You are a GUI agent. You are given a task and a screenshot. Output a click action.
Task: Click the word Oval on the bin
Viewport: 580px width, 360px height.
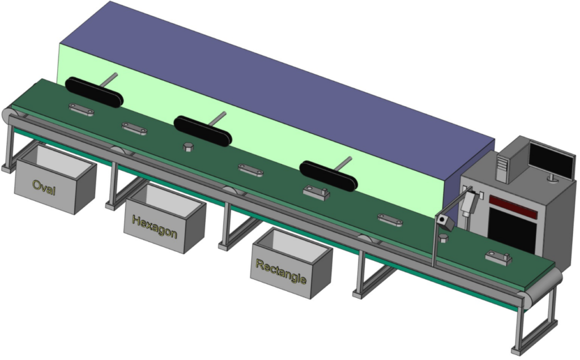click(x=44, y=187)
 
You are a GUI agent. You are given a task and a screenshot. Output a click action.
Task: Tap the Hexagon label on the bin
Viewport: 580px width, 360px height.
click(x=154, y=226)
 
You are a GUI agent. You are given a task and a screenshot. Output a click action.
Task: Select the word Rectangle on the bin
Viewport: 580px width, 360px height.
click(x=281, y=271)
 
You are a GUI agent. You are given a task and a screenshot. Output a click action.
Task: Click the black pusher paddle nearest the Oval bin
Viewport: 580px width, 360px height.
click(x=93, y=92)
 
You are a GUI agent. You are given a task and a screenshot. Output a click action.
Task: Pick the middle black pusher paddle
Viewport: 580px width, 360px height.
click(x=203, y=131)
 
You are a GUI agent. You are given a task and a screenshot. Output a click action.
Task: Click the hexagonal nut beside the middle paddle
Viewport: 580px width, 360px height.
click(x=188, y=147)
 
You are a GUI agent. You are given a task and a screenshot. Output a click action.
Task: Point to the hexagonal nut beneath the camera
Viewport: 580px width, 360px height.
click(x=443, y=238)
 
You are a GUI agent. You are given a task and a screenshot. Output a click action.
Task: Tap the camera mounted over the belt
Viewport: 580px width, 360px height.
click(x=444, y=222)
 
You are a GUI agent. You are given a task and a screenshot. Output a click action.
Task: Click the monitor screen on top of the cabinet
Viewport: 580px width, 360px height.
click(x=552, y=159)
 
